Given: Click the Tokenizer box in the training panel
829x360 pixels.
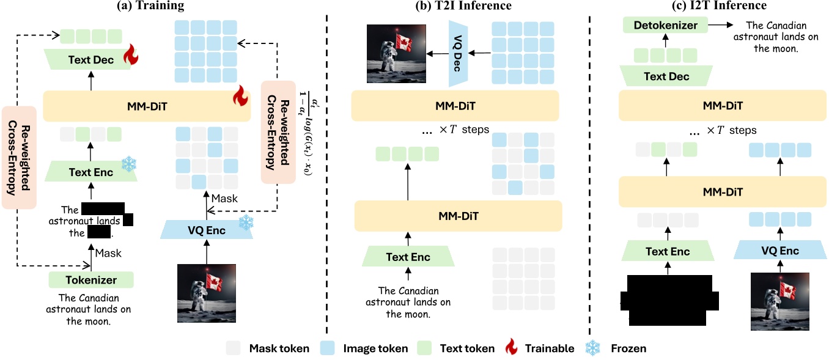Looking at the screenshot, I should tap(91, 281).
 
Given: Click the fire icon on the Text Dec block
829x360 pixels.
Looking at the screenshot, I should tap(131, 57).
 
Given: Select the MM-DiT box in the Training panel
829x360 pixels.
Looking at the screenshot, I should tap(147, 106).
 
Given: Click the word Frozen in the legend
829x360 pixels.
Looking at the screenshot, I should tap(628, 348).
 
